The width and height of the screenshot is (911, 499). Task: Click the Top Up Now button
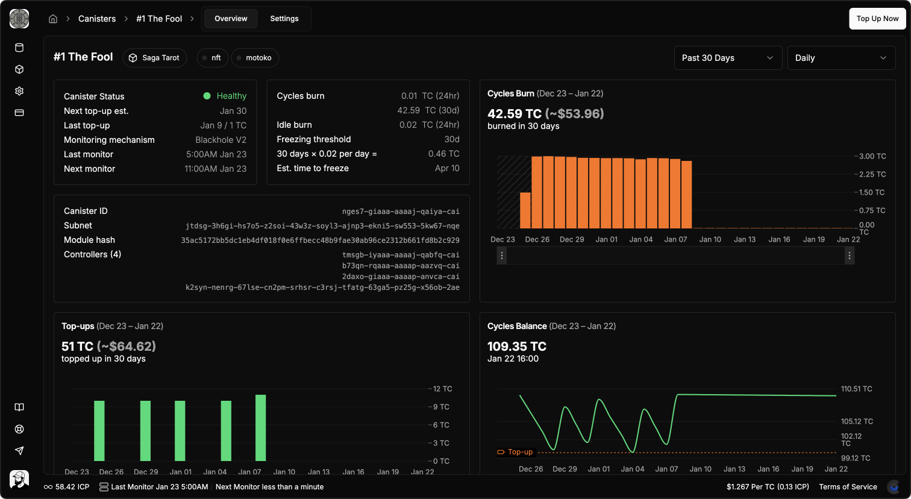877,19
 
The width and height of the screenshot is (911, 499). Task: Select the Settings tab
284,19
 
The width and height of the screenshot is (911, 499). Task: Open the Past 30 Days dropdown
727,58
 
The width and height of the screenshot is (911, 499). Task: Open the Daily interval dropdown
841,58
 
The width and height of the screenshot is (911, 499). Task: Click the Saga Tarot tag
155,58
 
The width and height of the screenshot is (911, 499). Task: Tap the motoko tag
255,58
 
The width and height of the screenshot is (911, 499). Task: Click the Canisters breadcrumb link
97,19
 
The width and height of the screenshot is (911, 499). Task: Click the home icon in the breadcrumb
53,19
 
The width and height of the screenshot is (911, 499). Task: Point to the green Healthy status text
231,96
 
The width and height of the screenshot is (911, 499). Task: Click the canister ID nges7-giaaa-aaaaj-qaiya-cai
401,212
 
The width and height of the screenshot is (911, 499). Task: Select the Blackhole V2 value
221,140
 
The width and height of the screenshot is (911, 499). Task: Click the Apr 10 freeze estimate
447,168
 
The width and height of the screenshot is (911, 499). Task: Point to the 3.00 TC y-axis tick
872,156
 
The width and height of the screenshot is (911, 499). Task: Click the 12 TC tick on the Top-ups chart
442,389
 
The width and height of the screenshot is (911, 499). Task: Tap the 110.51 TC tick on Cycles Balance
856,389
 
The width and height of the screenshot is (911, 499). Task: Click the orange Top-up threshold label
519,452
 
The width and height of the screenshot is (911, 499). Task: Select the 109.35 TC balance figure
516,347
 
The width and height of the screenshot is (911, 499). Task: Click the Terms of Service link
848,487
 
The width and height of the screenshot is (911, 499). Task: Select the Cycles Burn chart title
510,93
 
